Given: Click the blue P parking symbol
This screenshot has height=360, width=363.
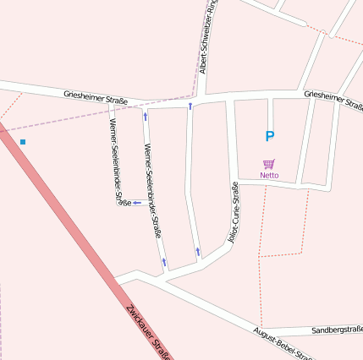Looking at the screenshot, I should click(270, 136).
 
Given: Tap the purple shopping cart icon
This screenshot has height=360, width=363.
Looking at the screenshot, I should click(269, 164).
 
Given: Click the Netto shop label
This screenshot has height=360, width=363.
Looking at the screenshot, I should click(269, 175).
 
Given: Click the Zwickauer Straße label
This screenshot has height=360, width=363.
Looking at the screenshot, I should click(149, 333).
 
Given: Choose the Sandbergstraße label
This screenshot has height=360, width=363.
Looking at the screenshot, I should click(337, 329).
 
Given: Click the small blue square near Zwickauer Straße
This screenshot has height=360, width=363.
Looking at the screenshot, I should click(23, 141).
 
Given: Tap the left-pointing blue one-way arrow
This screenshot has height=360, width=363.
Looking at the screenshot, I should click(137, 203).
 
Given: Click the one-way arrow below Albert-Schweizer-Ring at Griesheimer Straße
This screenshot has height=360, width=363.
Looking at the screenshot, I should click(190, 106).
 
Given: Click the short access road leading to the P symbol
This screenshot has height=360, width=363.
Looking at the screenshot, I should click(270, 113).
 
